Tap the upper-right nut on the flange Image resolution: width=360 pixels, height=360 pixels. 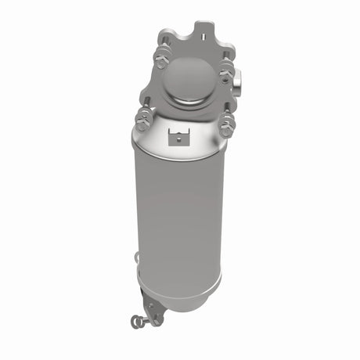pos(226,74)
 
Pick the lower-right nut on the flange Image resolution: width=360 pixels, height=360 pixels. pos(228,125)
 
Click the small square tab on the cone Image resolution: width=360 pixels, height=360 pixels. pos(180,139)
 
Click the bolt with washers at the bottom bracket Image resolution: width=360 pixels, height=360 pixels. pos(140,319)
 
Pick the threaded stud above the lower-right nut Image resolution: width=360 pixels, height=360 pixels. pos(228,113)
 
